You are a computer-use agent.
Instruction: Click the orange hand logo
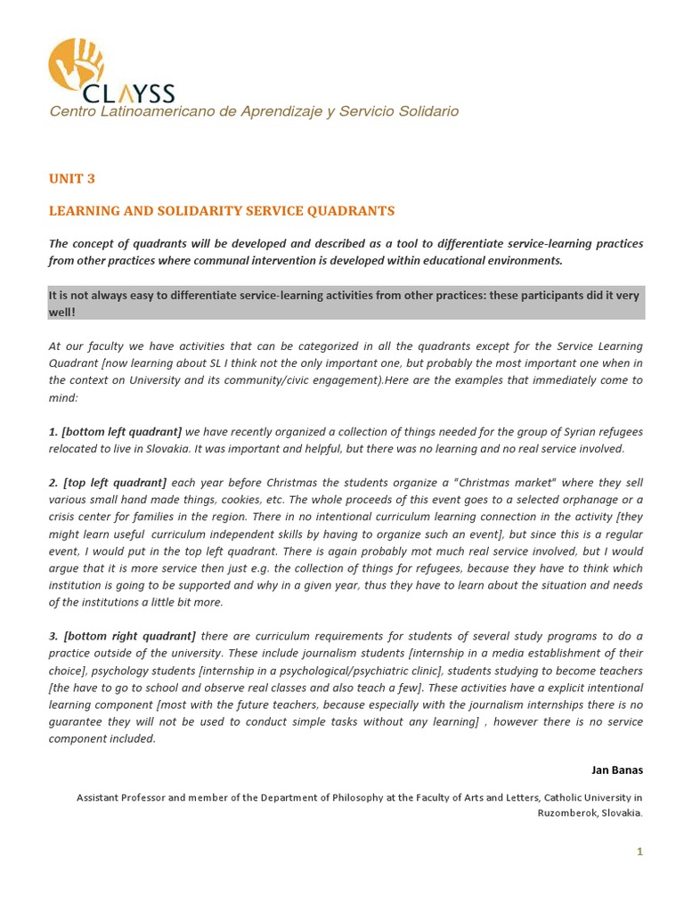coord(76,64)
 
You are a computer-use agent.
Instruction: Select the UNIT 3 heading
coord(71,179)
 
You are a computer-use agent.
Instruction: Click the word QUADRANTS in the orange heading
coord(350,211)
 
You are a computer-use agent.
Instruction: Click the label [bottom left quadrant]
coord(121,432)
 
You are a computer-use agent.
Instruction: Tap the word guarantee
coord(78,721)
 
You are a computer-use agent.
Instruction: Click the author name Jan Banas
coord(616,769)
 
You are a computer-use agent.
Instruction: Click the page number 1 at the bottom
coord(639,852)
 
